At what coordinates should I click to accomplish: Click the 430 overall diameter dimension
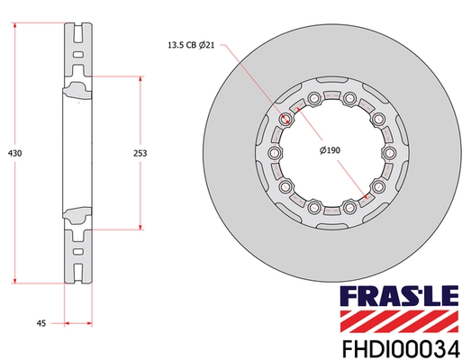coord(14,154)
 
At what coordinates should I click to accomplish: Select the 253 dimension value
coord(139,154)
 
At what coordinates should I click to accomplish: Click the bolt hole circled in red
coord(287,120)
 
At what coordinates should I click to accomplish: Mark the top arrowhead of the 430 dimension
coord(17,28)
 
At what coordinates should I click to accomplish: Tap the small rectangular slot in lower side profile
coord(78,250)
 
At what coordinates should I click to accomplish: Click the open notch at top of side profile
coord(78,39)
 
